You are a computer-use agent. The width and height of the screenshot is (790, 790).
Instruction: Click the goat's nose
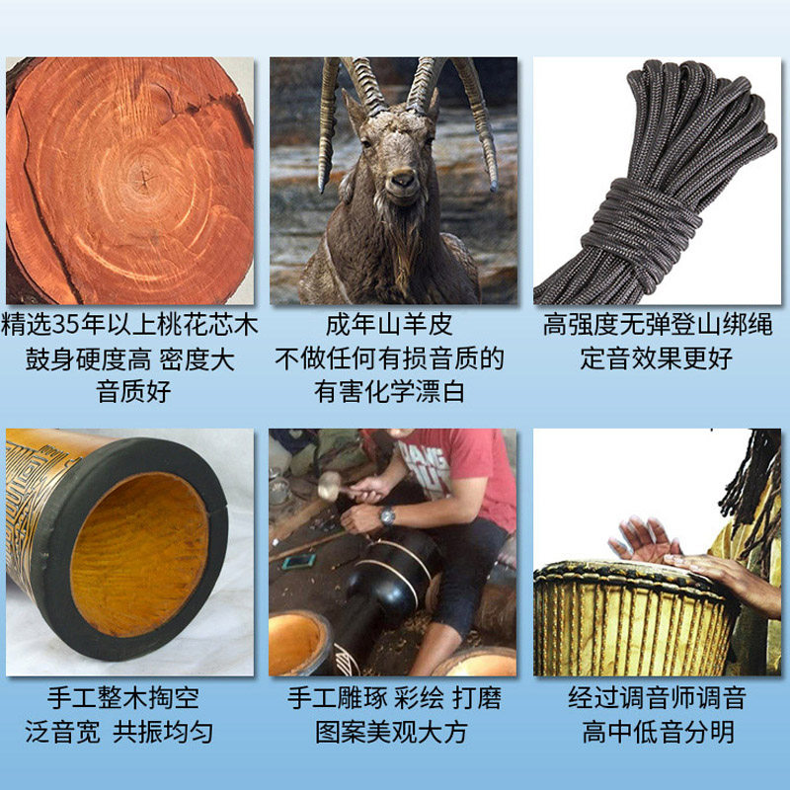coord(400,181)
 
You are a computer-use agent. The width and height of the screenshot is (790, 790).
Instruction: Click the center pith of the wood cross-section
coord(143,181)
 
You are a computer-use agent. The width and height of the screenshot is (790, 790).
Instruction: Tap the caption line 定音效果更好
coord(657,358)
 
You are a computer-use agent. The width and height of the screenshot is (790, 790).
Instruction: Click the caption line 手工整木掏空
coord(130,699)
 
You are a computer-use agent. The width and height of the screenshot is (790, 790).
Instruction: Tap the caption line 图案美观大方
coord(392,733)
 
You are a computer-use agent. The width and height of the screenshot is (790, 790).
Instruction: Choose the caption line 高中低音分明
coord(657,733)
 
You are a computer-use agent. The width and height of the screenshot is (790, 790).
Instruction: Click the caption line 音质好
coord(133,392)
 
